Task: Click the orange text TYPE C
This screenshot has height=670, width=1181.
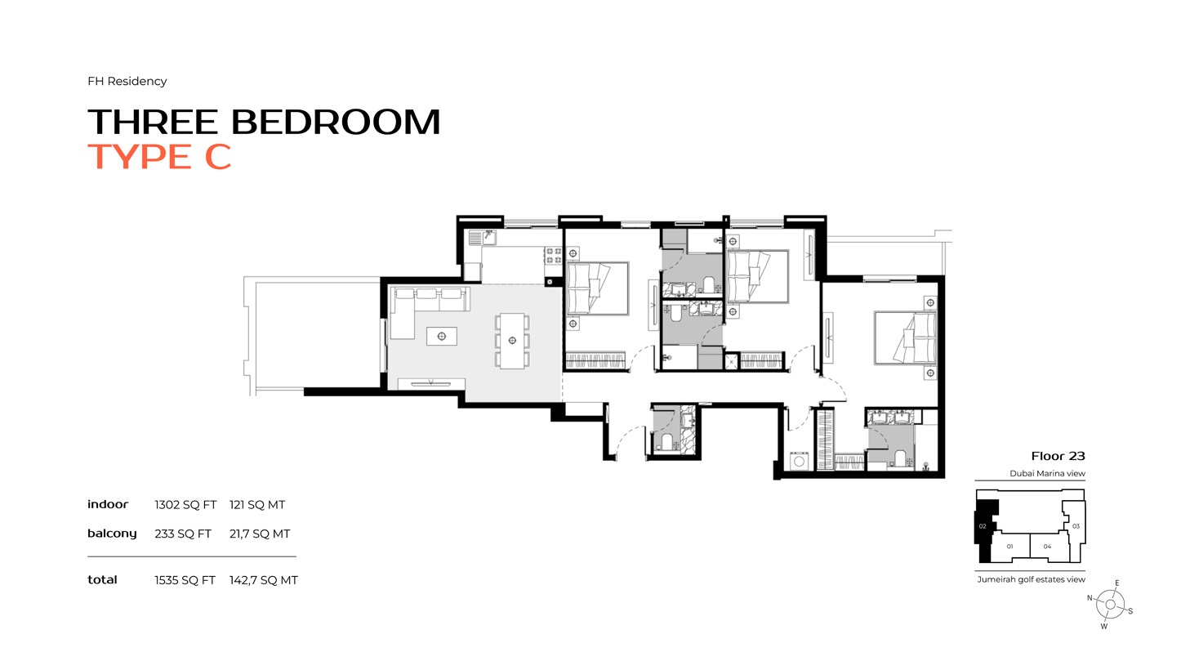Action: (159, 156)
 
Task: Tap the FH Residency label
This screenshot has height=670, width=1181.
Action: (127, 81)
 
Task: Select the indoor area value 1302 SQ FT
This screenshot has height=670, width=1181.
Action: (185, 505)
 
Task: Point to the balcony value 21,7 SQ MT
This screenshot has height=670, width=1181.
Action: (260, 534)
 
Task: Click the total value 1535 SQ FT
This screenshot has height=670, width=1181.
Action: (185, 580)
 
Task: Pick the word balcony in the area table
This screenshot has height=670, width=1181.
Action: (112, 534)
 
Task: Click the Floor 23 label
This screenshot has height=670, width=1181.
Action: (1058, 456)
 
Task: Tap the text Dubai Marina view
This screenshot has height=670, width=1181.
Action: (1047, 474)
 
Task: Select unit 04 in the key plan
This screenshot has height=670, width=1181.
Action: (1047, 547)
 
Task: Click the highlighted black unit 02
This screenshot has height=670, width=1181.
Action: (983, 527)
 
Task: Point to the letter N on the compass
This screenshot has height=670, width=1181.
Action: (1090, 598)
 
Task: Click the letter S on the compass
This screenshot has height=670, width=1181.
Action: (1130, 610)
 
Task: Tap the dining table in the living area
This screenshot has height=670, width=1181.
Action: (512, 341)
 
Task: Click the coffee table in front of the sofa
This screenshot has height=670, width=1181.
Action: (442, 336)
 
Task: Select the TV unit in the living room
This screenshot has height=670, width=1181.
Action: (431, 383)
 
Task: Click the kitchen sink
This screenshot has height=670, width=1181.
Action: (488, 238)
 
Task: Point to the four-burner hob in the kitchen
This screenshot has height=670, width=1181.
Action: (553, 255)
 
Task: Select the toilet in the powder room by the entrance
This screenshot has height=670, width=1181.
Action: (666, 442)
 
